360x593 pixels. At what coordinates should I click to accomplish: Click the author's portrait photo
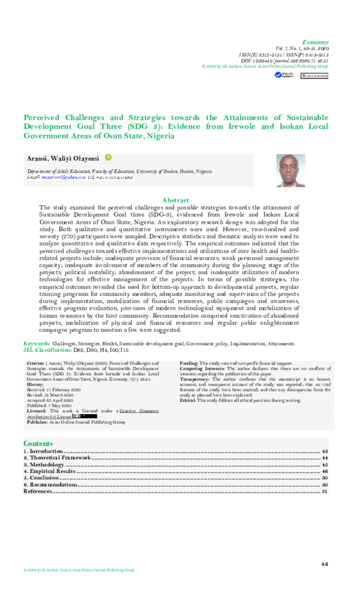(292, 170)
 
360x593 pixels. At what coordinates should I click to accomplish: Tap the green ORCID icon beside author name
(109, 157)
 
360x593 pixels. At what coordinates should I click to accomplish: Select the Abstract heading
(176, 200)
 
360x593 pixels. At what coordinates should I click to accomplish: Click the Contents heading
(38, 443)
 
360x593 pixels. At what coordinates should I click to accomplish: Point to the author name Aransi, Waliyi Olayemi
(64, 158)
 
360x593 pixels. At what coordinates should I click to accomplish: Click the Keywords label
(36, 343)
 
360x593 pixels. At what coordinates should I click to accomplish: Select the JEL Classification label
(47, 349)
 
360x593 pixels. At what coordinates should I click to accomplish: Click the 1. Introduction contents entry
(43, 451)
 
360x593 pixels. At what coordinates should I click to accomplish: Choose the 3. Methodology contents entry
(44, 465)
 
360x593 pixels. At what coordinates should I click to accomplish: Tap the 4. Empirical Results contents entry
(50, 472)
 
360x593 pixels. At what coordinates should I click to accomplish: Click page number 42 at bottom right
(325, 564)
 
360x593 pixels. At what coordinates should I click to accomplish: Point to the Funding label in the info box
(190, 364)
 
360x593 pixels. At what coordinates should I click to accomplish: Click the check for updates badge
(280, 76)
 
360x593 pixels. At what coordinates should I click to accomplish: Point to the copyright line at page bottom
(79, 570)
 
